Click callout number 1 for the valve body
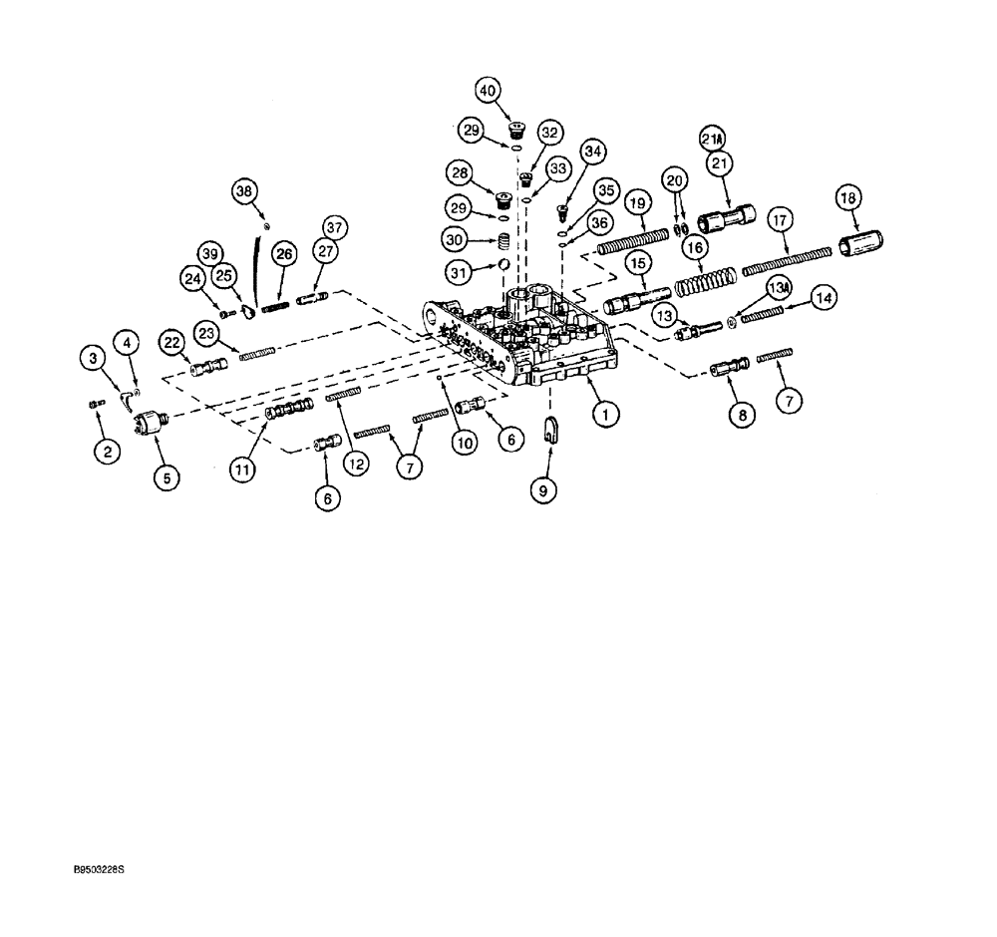coord(601,412)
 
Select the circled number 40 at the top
coord(488,91)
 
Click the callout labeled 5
coord(165,478)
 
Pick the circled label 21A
coord(711,138)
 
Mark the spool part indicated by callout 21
coord(730,216)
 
